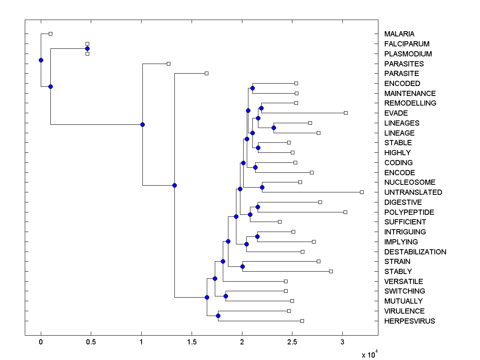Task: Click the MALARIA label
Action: click(x=399, y=34)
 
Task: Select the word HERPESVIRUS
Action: click(x=409, y=321)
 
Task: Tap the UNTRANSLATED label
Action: click(x=413, y=192)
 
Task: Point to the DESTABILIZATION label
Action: click(x=415, y=252)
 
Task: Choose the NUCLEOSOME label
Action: click(x=410, y=182)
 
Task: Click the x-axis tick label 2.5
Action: click(x=292, y=342)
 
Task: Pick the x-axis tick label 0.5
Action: click(x=91, y=342)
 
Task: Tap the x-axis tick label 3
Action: click(x=342, y=342)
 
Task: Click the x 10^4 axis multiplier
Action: click(x=370, y=354)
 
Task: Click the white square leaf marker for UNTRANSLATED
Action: click(x=362, y=192)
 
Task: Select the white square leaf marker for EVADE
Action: click(x=346, y=113)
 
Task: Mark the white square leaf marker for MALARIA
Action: click(x=50, y=34)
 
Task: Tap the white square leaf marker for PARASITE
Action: click(x=206, y=74)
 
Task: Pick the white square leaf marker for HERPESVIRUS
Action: click(x=302, y=321)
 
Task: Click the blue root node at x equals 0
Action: click(x=41, y=60)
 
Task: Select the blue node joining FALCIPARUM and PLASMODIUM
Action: click(x=87, y=49)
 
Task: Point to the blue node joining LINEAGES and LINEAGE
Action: click(x=274, y=128)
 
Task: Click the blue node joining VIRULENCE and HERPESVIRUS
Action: click(x=218, y=316)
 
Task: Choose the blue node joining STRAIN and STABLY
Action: click(x=242, y=267)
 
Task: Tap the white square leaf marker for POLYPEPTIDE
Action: click(x=345, y=212)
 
